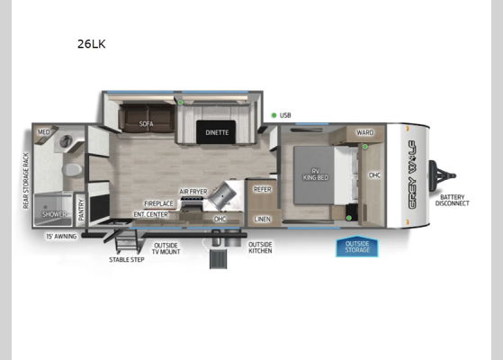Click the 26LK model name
coord(92,43)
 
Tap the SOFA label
coord(147,124)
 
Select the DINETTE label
coord(217,132)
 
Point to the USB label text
coord(285,115)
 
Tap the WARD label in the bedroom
coord(364,133)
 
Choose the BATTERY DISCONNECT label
coord(452,200)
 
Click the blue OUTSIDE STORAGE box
coord(357,247)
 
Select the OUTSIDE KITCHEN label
coord(260,247)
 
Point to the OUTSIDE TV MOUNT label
coord(166,247)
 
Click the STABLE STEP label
coord(127,259)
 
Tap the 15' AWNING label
coord(60,237)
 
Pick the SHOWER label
coord(55,214)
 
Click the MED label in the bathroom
coord(43,132)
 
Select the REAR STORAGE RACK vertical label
coord(26,181)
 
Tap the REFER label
coord(263,189)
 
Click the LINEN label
coord(262,219)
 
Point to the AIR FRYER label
coord(193,192)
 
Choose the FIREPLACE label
coord(158,204)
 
